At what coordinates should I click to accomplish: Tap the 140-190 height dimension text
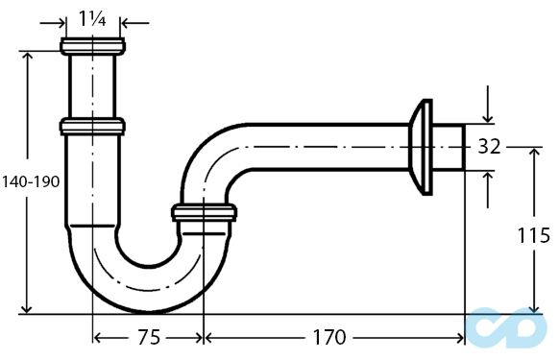[x=31, y=182]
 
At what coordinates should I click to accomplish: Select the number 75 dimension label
[x=149, y=337]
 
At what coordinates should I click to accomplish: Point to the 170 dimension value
[x=329, y=337]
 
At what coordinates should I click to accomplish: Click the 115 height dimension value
[x=533, y=235]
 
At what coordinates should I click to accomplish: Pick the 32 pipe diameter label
[x=489, y=146]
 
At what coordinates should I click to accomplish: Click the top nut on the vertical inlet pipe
[x=92, y=46]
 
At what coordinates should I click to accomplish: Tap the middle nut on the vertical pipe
[x=92, y=127]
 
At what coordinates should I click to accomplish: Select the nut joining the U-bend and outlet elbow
[x=204, y=213]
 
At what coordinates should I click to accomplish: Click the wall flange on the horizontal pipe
[x=422, y=147]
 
